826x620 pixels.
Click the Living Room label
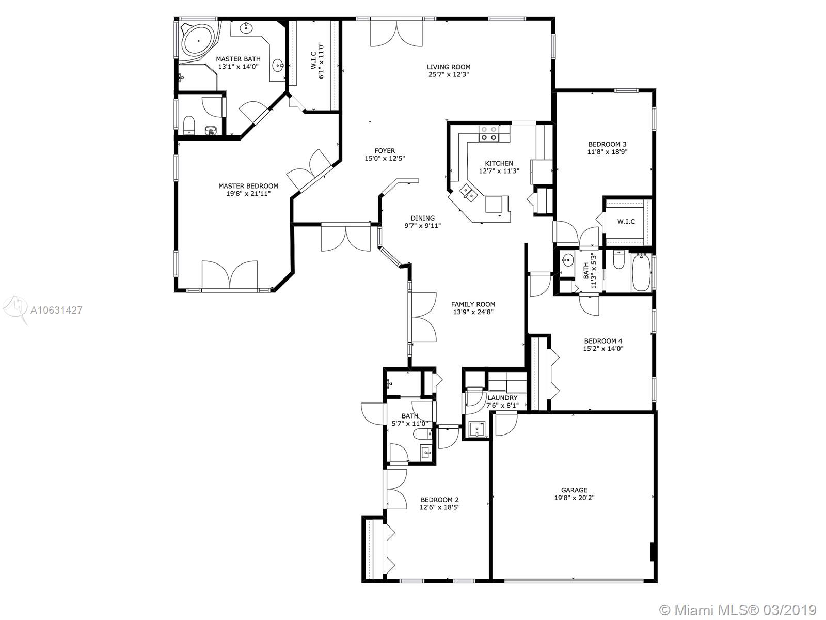pos(448,67)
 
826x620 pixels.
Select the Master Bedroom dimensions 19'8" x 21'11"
pos(248,193)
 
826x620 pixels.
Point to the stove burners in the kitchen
pos(489,134)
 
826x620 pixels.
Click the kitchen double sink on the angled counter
pos(468,192)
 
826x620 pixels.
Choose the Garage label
pos(574,490)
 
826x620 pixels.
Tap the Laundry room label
pos(502,398)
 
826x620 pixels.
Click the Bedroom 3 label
pos(607,144)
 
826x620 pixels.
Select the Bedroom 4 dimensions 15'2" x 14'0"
pos(603,349)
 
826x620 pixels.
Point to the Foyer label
pos(385,151)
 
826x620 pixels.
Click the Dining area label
pos(422,219)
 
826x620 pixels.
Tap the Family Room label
pos(473,304)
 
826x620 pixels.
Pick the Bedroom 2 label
pos(439,500)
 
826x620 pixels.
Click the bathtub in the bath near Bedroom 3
pos(641,273)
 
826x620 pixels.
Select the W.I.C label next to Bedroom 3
pos(626,222)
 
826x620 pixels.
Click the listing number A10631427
pos(56,310)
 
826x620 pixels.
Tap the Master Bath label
pos(238,59)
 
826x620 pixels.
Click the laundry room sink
pos(477,429)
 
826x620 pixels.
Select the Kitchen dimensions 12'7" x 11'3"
pos(499,171)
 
